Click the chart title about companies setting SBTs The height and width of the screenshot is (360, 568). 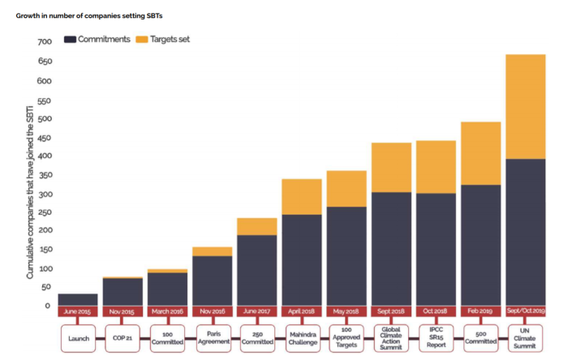coord(89,16)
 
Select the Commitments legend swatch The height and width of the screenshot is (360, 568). coord(70,40)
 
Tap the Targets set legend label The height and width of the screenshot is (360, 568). coord(170,39)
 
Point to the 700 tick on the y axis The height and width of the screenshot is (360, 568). coord(45,41)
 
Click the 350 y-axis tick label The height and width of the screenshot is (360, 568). coord(45,175)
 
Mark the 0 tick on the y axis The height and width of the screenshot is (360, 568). coord(47,306)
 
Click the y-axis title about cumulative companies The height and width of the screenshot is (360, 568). coord(30,192)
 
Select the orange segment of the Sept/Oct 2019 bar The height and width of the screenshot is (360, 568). coord(525,107)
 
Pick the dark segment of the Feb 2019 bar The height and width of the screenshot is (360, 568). coord(480,246)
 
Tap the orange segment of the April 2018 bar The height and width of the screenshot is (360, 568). coord(302,197)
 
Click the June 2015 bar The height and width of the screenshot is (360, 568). coord(78,299)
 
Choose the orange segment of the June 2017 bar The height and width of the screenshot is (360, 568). coord(257,226)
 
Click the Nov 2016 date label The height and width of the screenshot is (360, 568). coord(213,311)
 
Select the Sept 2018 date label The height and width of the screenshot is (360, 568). coord(391,311)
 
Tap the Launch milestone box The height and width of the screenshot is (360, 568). coord(79,338)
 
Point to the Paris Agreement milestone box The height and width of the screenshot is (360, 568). coord(213,338)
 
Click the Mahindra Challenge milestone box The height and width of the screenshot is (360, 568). coord(303,338)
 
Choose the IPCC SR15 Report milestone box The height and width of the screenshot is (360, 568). coord(437,338)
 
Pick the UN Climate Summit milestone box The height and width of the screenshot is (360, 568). coord(525,338)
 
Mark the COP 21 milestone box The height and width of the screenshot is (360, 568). coord(123,338)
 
